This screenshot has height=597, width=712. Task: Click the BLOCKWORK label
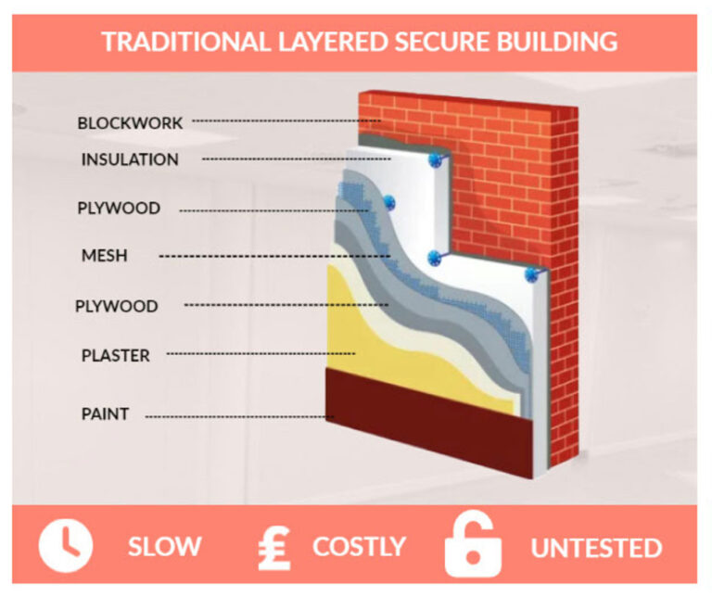coord(130,123)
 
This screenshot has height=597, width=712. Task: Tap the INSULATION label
coord(130,159)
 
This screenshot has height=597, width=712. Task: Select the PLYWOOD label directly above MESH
coord(119,208)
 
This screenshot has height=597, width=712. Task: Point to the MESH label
coord(105,256)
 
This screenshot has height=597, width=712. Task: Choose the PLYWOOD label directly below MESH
coord(117,306)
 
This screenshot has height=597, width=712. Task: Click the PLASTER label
coord(116,355)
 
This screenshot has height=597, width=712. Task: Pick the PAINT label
coord(106,413)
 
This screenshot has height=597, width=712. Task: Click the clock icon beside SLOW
coord(66,545)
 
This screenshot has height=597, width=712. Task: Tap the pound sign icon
coord(274,548)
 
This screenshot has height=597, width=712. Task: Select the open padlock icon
coord(473,545)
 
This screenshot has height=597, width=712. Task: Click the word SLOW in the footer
coord(164,546)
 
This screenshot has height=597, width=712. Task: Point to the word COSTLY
coord(359,546)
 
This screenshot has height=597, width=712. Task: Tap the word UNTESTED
coord(596,548)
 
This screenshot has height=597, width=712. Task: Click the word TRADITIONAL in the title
coord(185,42)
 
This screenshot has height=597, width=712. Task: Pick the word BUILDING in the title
coord(557,42)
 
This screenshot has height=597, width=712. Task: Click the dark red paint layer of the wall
coord(429,422)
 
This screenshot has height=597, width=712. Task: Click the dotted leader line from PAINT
coord(239,417)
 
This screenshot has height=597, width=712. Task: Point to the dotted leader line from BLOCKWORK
coord(286,121)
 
